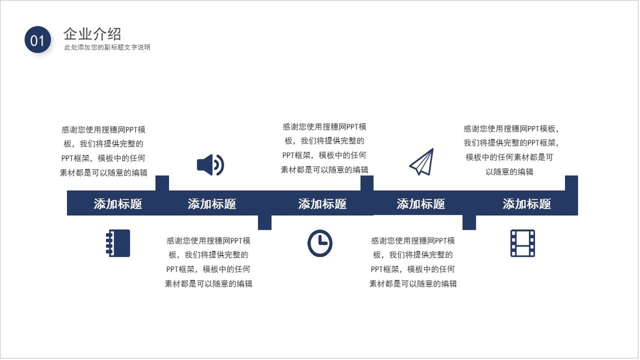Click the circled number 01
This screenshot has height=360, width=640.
(37, 40)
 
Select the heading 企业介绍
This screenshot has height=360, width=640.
(92, 34)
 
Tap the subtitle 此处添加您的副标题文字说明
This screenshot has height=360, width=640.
(107, 47)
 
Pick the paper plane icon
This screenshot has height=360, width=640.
(422, 162)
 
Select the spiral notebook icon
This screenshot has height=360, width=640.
(118, 243)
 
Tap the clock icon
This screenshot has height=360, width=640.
(320, 243)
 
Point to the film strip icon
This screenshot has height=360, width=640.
(522, 243)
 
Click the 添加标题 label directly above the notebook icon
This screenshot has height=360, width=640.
(118, 204)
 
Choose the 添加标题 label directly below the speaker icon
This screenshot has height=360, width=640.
(212, 204)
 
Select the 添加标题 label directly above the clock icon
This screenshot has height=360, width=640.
(322, 204)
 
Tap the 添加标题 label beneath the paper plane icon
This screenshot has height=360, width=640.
(420, 204)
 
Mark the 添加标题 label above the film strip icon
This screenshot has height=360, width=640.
(527, 204)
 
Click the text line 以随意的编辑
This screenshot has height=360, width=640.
(509, 172)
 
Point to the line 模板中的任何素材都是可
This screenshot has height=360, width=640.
(509, 157)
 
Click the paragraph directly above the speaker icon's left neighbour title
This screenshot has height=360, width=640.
(103, 151)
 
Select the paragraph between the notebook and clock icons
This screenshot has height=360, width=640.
(208, 262)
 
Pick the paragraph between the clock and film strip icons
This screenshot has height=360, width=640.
(413, 262)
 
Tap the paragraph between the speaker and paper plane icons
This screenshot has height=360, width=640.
(324, 148)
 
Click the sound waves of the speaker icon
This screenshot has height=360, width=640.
(220, 164)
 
